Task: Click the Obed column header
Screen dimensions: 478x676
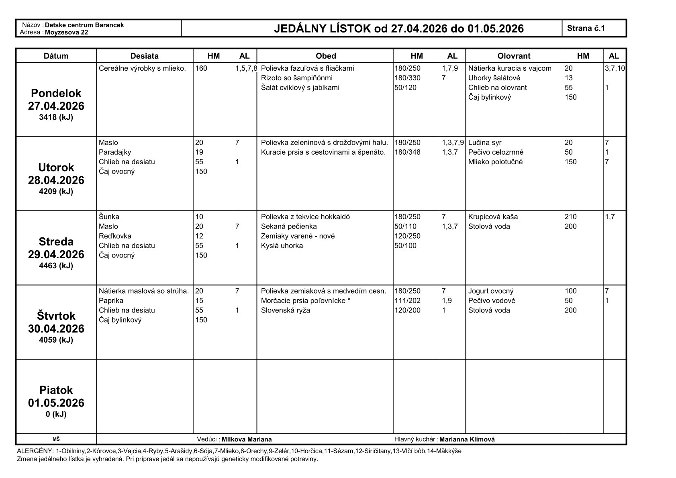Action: click(x=325, y=56)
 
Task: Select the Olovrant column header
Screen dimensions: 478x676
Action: click(x=514, y=56)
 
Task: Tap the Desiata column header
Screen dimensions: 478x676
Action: click(x=145, y=56)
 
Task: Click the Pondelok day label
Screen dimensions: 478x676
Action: click(x=56, y=93)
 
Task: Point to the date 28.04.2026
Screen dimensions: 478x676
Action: click(x=56, y=180)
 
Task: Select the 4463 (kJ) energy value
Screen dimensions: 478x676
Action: click(x=56, y=266)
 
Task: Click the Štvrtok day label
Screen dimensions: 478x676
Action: click(x=56, y=316)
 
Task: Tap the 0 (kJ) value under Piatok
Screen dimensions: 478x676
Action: click(x=56, y=414)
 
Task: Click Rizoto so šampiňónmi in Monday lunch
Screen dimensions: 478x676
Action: click(x=296, y=78)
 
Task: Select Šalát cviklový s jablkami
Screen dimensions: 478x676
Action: click(x=300, y=88)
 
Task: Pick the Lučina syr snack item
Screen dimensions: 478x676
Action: click(x=484, y=143)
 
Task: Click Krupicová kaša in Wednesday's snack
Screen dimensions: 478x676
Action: click(x=493, y=217)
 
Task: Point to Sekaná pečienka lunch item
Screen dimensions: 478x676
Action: click(x=289, y=227)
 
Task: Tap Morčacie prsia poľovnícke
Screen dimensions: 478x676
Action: click(x=306, y=301)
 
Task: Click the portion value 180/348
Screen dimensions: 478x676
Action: click(x=407, y=152)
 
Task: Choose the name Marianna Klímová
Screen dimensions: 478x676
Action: click(x=467, y=439)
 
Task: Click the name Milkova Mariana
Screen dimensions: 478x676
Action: click(x=247, y=439)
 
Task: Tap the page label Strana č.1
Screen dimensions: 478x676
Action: click(x=586, y=28)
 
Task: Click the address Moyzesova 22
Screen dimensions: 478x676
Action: click(x=66, y=32)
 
